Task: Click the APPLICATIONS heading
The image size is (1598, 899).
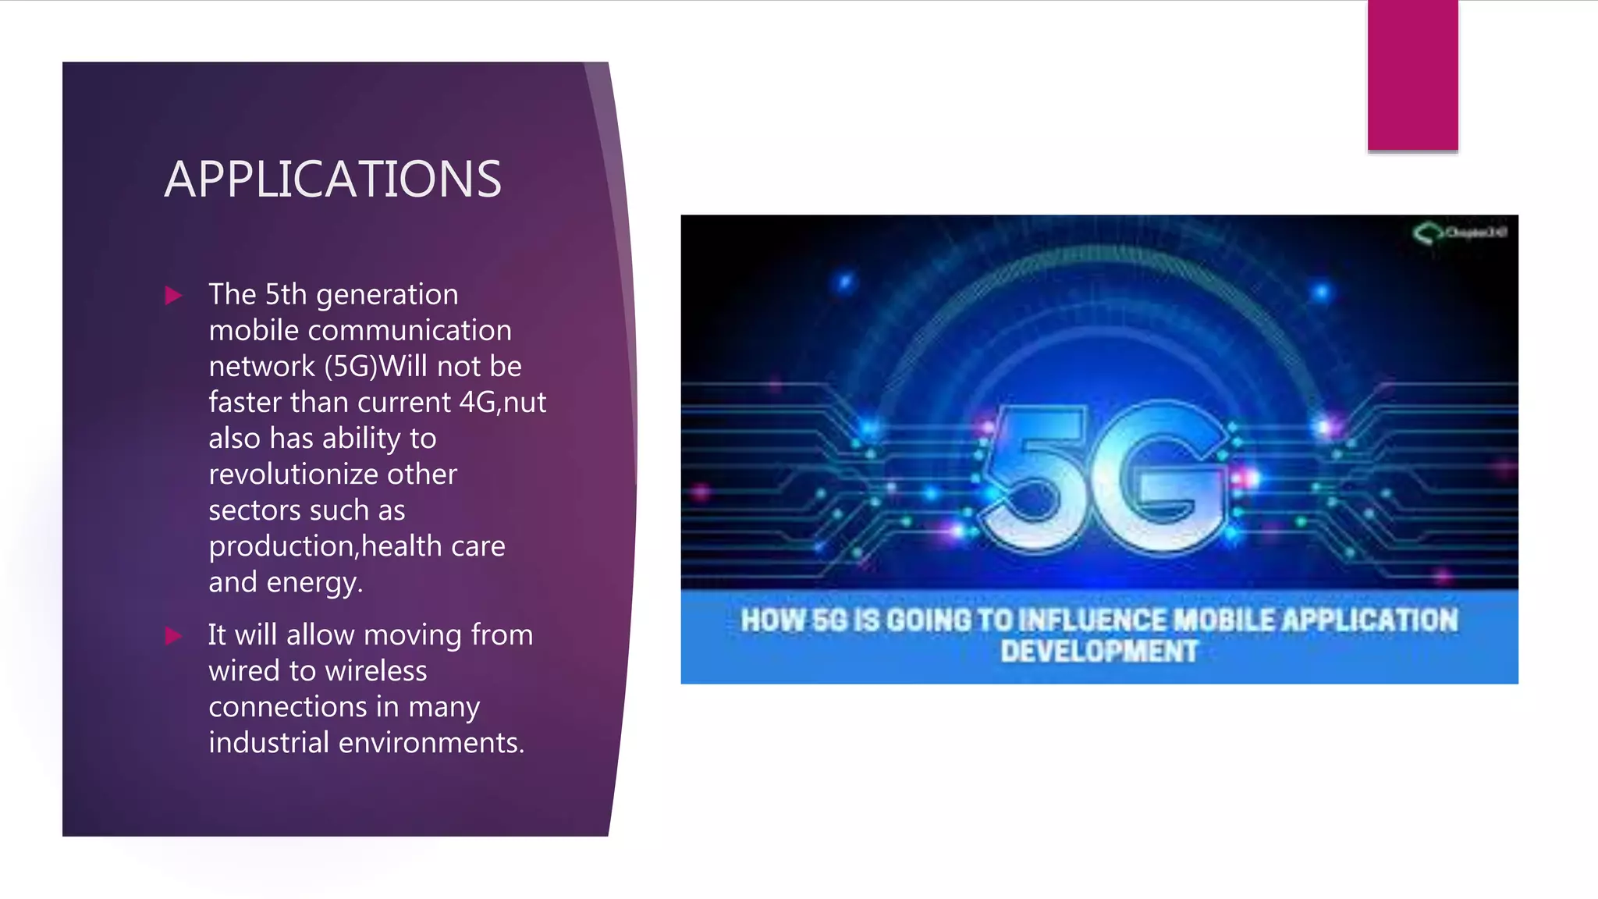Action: click(x=332, y=179)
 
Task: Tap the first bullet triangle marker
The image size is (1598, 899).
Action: click(x=173, y=296)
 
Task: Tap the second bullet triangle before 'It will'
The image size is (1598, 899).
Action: click(x=173, y=636)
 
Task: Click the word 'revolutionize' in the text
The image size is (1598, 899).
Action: click(x=293, y=474)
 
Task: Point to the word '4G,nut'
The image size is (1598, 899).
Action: click(x=502, y=403)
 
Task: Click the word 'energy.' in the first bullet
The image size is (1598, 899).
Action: click(x=314, y=583)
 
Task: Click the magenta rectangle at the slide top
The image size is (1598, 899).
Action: click(x=1412, y=75)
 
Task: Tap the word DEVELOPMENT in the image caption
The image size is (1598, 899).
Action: click(x=1099, y=652)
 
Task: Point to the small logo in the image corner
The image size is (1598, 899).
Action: click(x=1458, y=233)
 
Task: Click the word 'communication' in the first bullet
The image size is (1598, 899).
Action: click(x=410, y=331)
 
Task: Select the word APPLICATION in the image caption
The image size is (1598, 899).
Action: click(x=1369, y=620)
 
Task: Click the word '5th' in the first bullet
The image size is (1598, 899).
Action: click(x=286, y=295)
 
